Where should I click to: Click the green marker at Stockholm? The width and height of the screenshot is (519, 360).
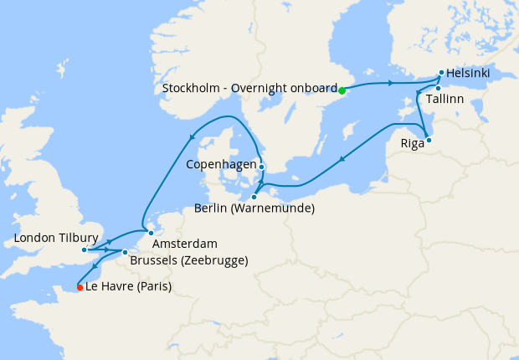click(x=342, y=90)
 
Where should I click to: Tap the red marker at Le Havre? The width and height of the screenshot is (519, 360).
click(x=80, y=287)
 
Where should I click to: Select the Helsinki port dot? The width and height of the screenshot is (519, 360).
click(x=441, y=73)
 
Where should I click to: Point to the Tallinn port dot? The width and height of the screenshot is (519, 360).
click(x=438, y=88)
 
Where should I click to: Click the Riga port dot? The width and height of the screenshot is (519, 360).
click(x=429, y=140)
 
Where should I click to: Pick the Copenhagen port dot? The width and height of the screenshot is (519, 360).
click(x=262, y=167)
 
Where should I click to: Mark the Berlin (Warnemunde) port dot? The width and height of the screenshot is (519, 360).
click(x=254, y=198)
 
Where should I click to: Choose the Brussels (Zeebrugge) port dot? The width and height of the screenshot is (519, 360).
click(x=125, y=252)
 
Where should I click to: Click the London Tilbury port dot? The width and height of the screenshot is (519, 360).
click(x=85, y=249)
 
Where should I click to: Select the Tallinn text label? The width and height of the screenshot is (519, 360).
click(x=444, y=99)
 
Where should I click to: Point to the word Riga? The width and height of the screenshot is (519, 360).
click(x=413, y=143)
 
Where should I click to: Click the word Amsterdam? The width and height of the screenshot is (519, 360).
click(x=185, y=244)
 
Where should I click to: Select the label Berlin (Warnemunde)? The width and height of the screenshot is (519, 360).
click(x=254, y=208)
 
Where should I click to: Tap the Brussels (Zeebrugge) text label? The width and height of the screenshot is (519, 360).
click(x=189, y=260)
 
